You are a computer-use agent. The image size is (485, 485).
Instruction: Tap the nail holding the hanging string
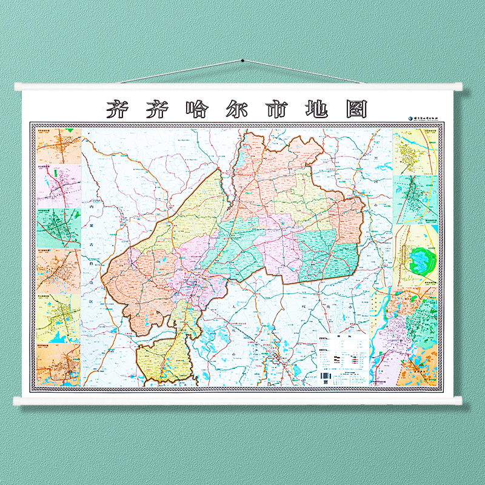(x=242, y=61)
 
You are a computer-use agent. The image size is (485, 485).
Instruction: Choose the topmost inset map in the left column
(x=59, y=145)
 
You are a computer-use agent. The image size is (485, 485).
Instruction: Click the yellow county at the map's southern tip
(x=164, y=361)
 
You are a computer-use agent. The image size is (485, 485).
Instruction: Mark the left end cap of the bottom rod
(x=18, y=400)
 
